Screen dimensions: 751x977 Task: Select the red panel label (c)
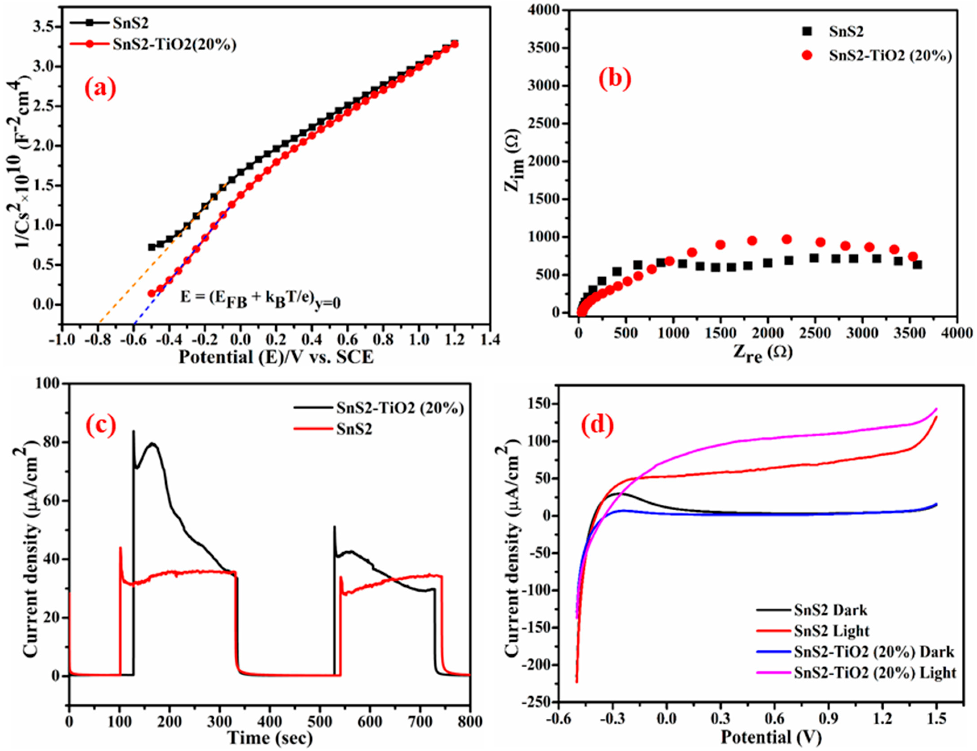coord(100,425)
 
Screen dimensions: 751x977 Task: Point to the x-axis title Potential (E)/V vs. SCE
coord(276,357)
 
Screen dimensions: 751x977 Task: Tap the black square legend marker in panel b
coord(807,31)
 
